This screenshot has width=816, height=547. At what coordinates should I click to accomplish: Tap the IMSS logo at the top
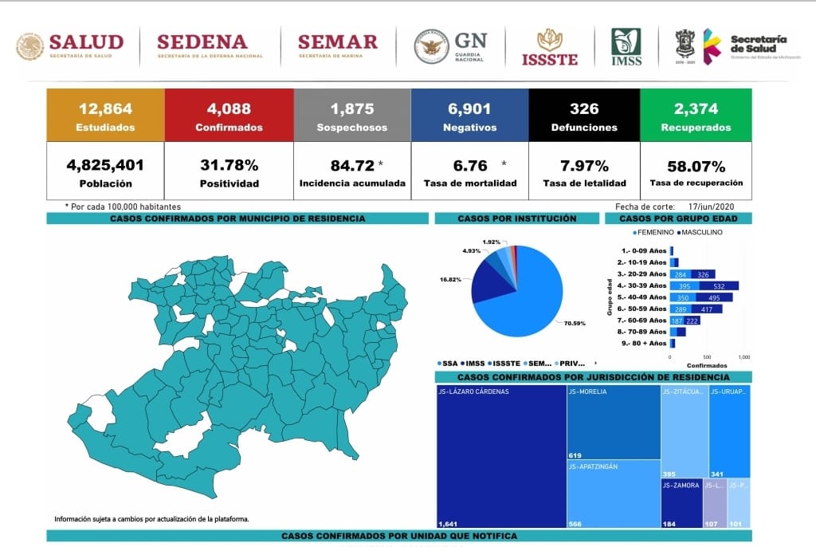626,46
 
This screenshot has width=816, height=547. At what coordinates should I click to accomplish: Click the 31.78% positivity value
229,166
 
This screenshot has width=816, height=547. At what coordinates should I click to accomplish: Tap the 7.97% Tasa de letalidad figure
584,166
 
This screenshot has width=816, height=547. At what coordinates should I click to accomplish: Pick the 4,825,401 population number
105,166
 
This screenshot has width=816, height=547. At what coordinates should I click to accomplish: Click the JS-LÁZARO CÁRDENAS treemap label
473,392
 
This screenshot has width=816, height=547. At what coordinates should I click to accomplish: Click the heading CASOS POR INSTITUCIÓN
516,218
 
